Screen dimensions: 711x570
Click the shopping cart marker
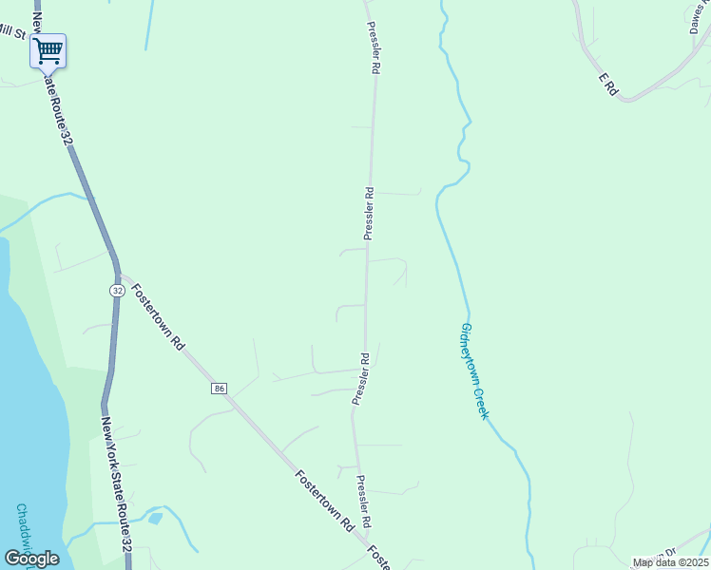pyautogui.click(x=48, y=50)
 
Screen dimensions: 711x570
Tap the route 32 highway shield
pyautogui.click(x=116, y=291)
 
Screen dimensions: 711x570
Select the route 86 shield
pyautogui.click(x=220, y=389)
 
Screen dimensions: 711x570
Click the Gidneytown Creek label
pyautogui.click(x=473, y=370)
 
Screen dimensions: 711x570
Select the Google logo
pyautogui.click(x=31, y=558)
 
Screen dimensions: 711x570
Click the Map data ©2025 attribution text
pyautogui.click(x=670, y=562)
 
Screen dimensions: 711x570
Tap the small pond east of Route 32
pyautogui.click(x=155, y=519)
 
